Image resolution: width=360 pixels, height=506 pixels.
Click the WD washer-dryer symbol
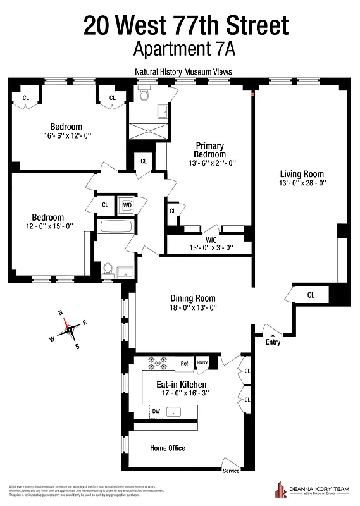pyautogui.click(x=127, y=205)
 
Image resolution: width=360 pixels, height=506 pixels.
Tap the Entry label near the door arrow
pyautogui.click(x=273, y=342)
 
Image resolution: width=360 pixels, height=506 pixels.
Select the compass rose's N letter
pyautogui.click(x=60, y=313)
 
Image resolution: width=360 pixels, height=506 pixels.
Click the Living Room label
pyautogui.click(x=302, y=174)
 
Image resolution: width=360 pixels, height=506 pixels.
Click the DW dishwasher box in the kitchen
pyautogui.click(x=156, y=412)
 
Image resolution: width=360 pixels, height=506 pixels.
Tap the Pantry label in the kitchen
pyautogui.click(x=202, y=362)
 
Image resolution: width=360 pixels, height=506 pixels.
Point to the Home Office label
pyautogui.click(x=168, y=448)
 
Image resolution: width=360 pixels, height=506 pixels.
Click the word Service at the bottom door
pyautogui.click(x=232, y=471)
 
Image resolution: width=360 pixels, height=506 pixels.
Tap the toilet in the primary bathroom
pyautogui.click(x=144, y=94)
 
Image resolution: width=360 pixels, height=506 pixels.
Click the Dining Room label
pyautogui.click(x=193, y=299)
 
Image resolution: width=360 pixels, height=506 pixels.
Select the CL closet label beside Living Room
pyautogui.click(x=311, y=295)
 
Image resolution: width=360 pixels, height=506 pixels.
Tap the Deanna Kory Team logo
pyautogui.click(x=310, y=489)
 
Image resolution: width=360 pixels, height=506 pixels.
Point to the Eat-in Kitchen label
pyautogui.click(x=182, y=384)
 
